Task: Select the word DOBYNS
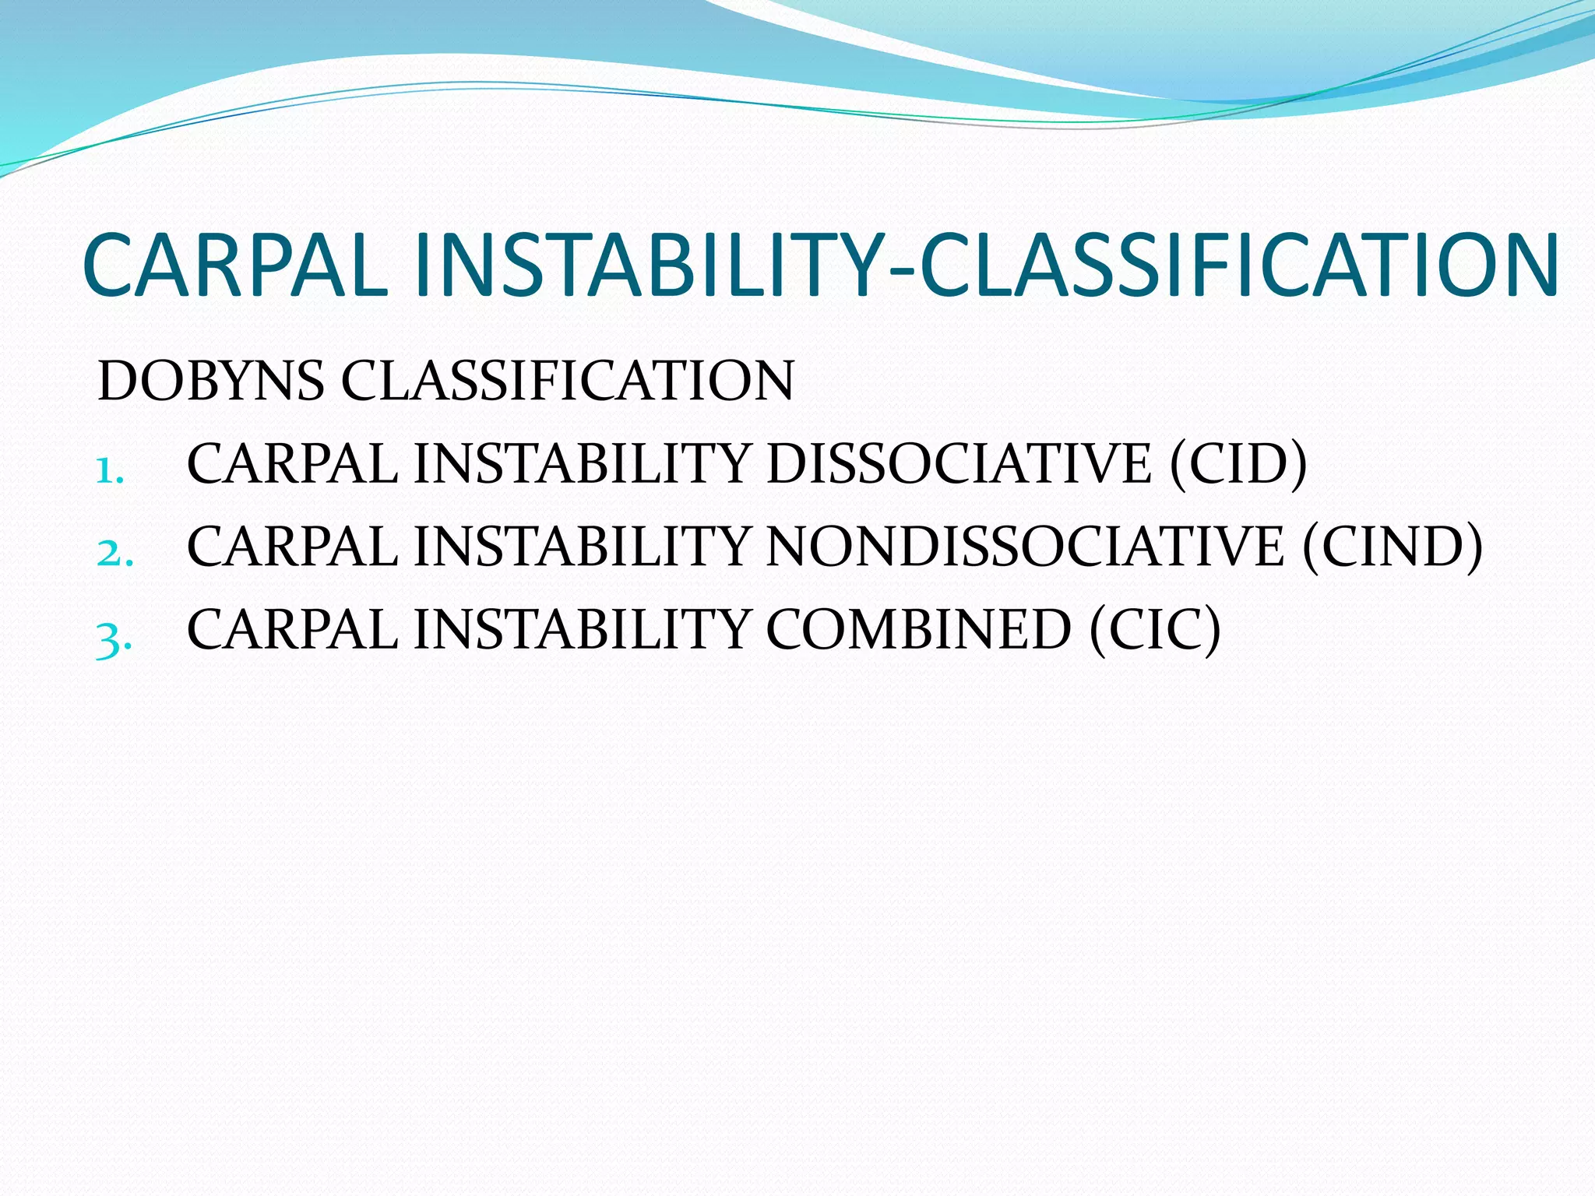(x=210, y=381)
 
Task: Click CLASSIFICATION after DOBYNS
(x=568, y=381)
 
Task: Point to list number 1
(x=110, y=470)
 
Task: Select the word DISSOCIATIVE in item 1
(x=958, y=464)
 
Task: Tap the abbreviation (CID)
(x=1238, y=464)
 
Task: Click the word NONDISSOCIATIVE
(x=1024, y=547)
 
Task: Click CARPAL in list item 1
(x=293, y=464)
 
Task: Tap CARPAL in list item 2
(x=293, y=547)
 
